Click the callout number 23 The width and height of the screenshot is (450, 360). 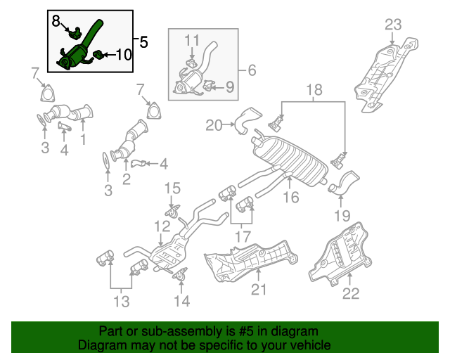393,25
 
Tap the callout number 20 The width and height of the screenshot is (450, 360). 214,126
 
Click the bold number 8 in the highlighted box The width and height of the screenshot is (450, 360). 57,22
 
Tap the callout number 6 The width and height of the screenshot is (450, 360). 251,70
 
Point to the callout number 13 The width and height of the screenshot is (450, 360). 121,302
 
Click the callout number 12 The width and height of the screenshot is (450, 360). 162,226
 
